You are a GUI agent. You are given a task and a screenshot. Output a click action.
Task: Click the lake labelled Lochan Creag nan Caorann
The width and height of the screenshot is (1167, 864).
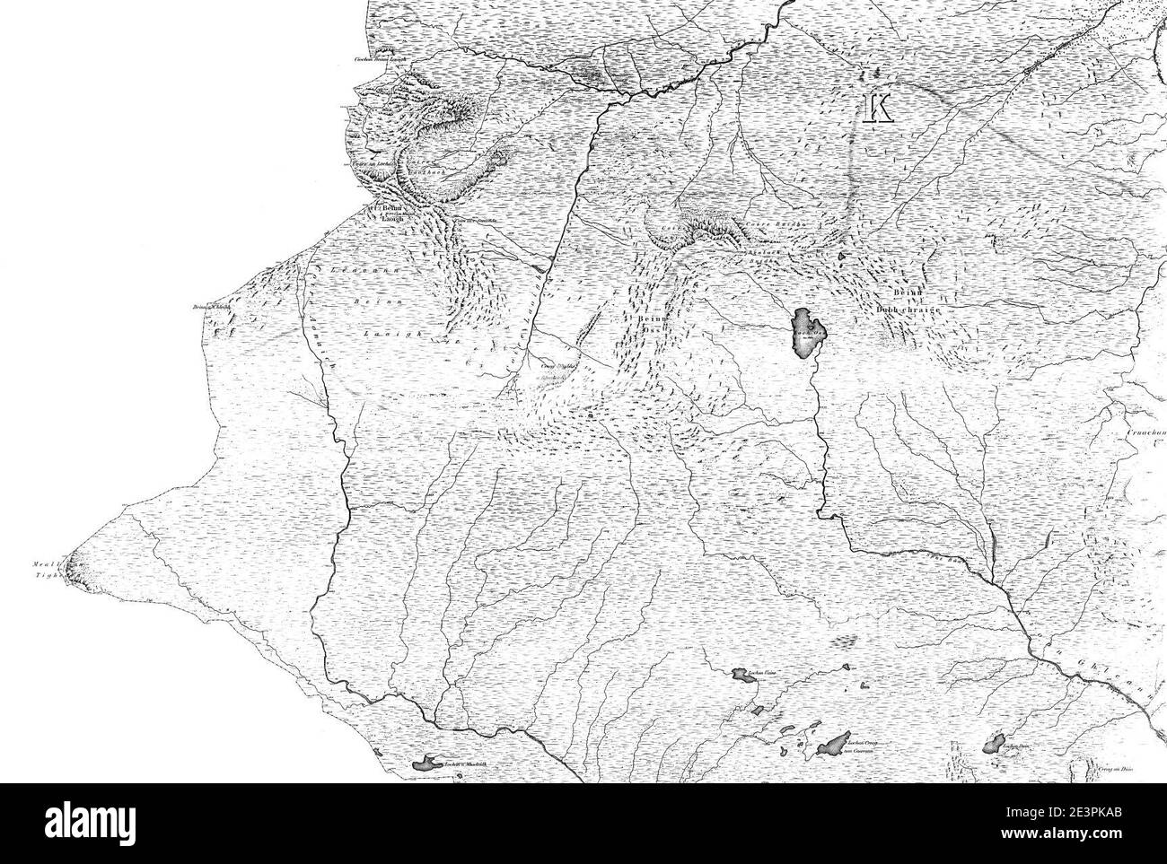(x=835, y=743)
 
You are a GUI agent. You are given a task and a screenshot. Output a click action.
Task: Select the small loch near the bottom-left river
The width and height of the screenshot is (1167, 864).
(x=425, y=764)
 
